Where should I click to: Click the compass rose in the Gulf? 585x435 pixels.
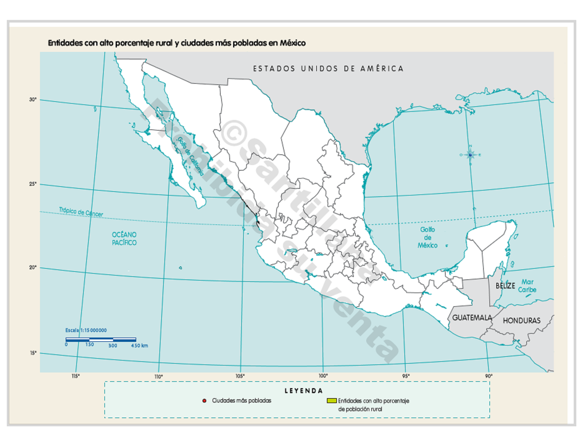pyautogui.click(x=470, y=155)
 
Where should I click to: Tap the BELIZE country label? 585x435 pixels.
pyautogui.click(x=505, y=286)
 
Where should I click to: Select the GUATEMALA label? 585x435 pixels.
pyautogui.click(x=472, y=318)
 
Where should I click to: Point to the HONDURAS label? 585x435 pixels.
pyautogui.click(x=522, y=321)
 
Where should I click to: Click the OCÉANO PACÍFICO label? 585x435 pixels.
pyautogui.click(x=124, y=238)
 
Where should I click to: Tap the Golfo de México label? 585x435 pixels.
pyautogui.click(x=427, y=237)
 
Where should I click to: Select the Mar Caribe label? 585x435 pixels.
pyautogui.click(x=527, y=286)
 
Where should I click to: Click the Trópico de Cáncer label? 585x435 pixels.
pyautogui.click(x=81, y=212)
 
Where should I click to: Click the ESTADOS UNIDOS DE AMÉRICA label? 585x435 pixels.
pyautogui.click(x=328, y=68)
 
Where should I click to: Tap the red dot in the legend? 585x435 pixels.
pyautogui.click(x=204, y=401)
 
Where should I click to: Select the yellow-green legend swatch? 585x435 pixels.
pyautogui.click(x=332, y=401)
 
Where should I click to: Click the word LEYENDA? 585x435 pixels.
pyautogui.click(x=303, y=391)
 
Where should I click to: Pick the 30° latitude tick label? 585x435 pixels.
pyautogui.click(x=33, y=100)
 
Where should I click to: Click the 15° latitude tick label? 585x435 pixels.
pyautogui.click(x=33, y=353)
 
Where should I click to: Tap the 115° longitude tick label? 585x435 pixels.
pyautogui.click(x=76, y=376)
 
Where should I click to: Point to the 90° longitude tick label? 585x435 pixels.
pyautogui.click(x=489, y=376)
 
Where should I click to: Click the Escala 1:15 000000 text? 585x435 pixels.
pyautogui.click(x=86, y=330)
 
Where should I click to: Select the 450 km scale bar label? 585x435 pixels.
pyautogui.click(x=139, y=346)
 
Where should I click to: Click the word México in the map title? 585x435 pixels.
pyautogui.click(x=292, y=43)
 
